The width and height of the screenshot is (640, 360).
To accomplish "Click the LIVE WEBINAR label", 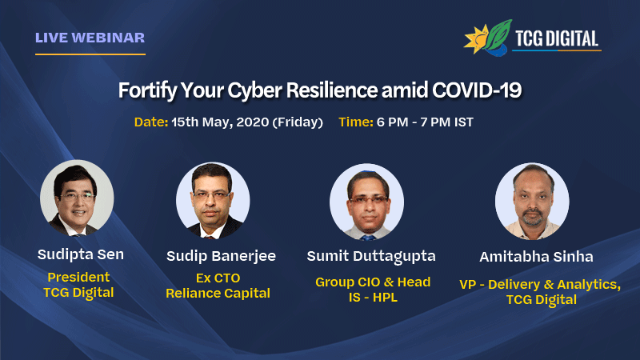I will (90, 38).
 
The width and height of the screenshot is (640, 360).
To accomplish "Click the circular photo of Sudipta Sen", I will (77, 197).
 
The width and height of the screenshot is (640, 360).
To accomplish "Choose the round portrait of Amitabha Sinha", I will (532, 201).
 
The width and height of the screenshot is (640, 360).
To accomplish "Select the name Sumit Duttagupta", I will (372, 256).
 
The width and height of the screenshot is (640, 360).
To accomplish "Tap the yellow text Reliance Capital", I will (218, 294).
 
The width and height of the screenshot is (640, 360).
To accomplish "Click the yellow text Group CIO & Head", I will (373, 282).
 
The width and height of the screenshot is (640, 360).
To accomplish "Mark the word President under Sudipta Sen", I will (78, 277).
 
